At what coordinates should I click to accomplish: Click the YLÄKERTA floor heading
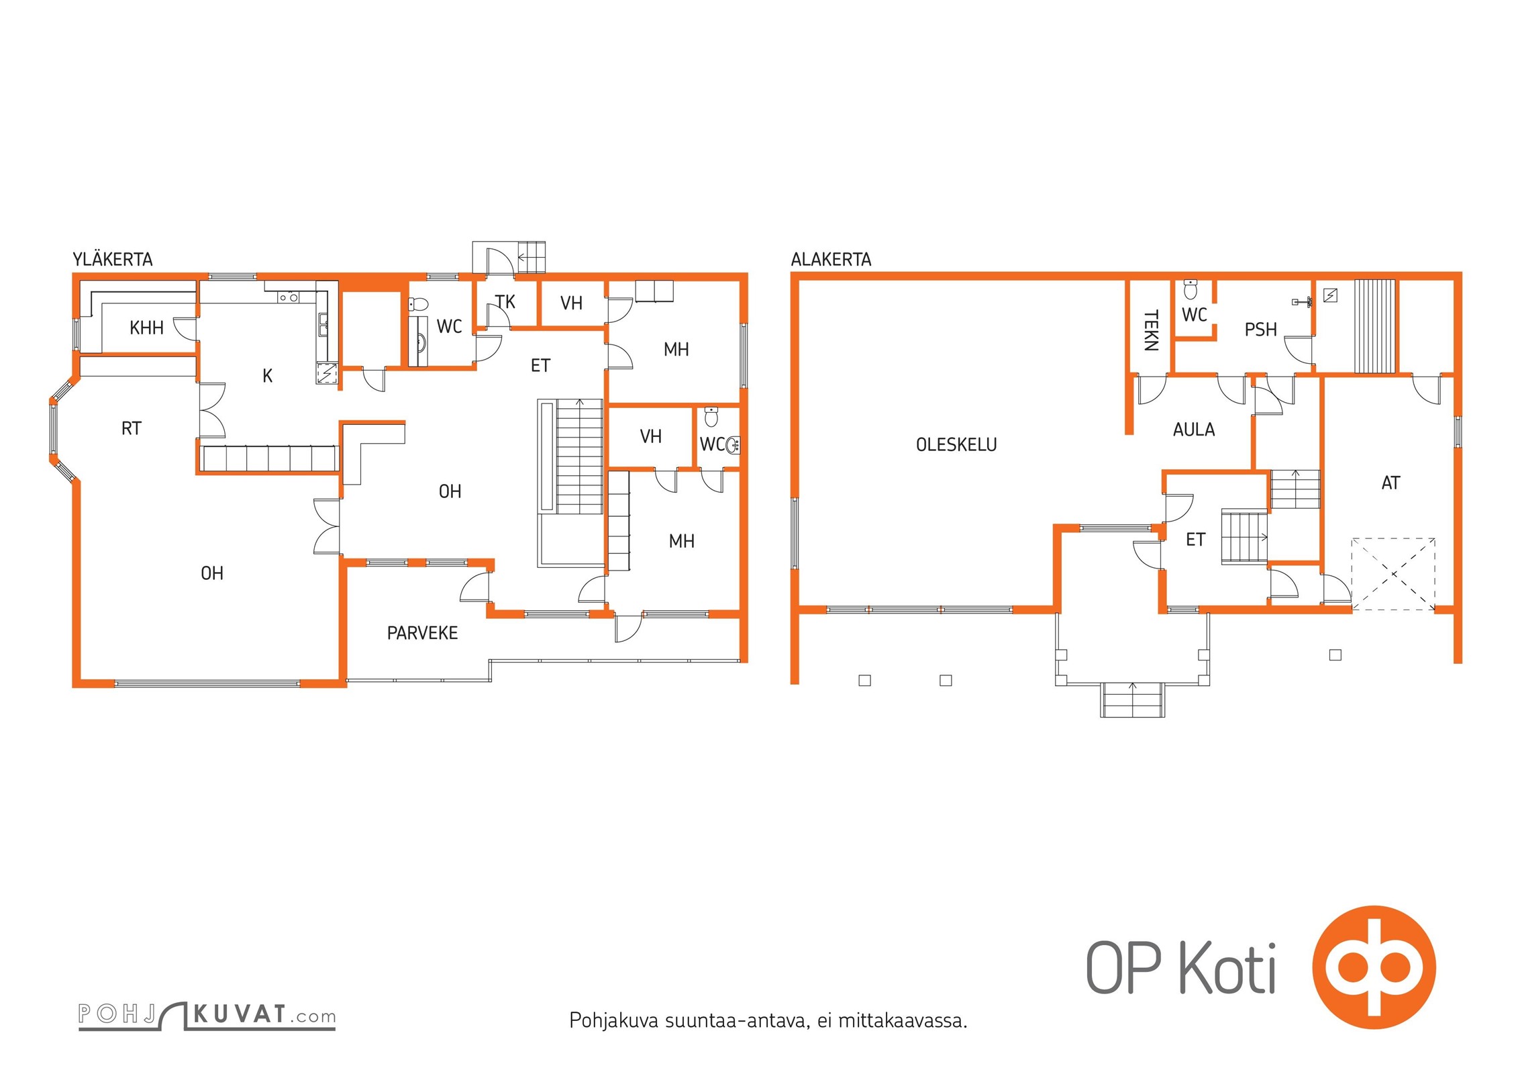[113, 260]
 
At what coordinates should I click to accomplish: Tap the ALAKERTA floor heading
[831, 260]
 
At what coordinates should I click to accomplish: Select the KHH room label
[146, 328]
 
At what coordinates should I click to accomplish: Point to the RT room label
[132, 428]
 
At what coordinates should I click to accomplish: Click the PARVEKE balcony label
[422, 633]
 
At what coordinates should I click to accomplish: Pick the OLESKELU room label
[956, 444]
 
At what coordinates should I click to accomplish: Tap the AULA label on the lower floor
[1194, 430]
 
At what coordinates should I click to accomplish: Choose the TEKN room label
[1151, 330]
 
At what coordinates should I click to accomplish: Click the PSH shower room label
[1260, 330]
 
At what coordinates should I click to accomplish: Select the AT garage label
[1390, 483]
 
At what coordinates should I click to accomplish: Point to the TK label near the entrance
[505, 302]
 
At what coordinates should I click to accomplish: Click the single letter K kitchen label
[267, 376]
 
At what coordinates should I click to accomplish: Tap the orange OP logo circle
[1374, 967]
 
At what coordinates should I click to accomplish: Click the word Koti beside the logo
[1227, 967]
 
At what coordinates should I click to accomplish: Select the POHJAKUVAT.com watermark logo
[207, 1016]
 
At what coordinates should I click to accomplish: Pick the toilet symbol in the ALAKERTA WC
[1190, 290]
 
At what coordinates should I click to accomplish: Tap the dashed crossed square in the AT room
[1393, 574]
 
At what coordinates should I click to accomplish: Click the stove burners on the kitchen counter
[289, 297]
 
